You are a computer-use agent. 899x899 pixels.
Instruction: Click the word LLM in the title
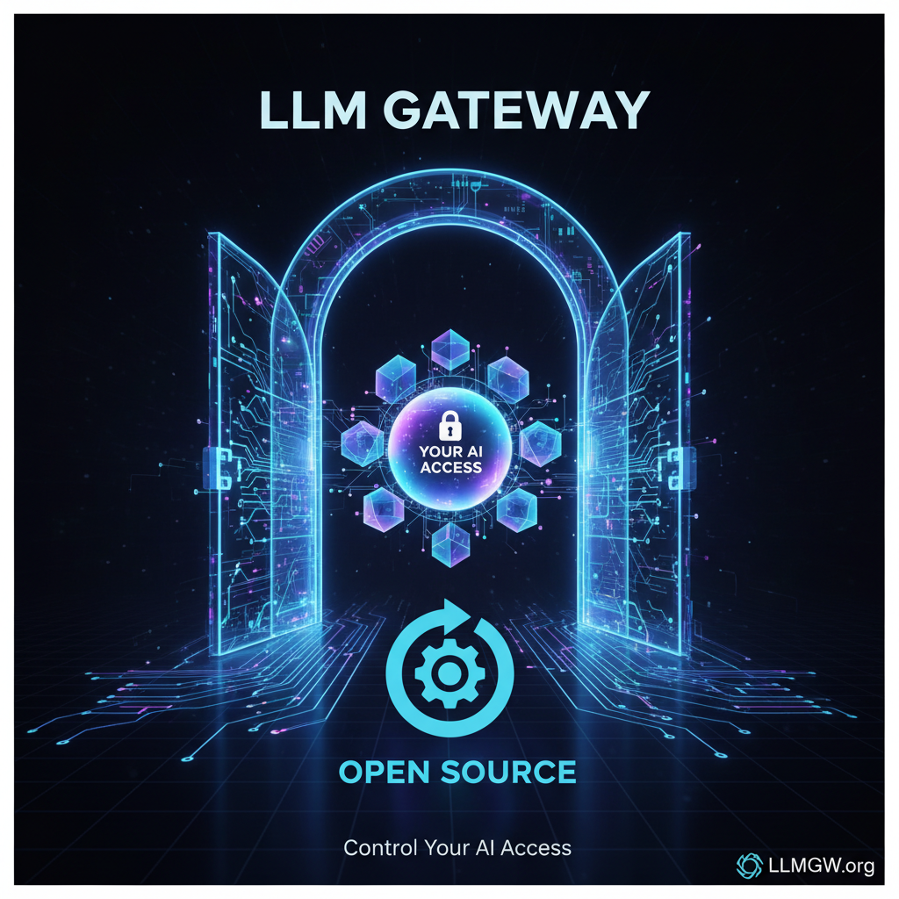(x=313, y=110)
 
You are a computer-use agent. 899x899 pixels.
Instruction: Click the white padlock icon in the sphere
(x=449, y=426)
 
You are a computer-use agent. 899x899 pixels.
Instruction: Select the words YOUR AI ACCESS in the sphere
(x=450, y=460)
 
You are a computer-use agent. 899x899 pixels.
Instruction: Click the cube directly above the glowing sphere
(x=450, y=349)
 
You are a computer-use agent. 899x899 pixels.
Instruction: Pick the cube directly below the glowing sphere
(x=450, y=544)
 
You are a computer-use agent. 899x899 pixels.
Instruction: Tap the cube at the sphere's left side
(x=363, y=443)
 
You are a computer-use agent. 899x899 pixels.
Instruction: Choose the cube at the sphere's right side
(x=540, y=443)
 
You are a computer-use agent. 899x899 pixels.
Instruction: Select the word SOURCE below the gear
(x=508, y=772)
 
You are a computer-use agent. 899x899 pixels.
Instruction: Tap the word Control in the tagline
(x=381, y=848)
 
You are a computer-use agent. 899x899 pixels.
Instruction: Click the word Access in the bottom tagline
(x=536, y=848)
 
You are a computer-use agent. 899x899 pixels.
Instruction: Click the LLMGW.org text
(x=821, y=866)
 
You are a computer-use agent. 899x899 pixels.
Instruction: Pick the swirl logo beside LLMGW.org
(x=750, y=866)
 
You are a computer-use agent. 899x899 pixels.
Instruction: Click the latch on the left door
(x=218, y=468)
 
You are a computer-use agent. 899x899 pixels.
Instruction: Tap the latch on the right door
(x=681, y=468)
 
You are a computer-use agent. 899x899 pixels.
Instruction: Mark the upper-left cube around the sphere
(x=396, y=377)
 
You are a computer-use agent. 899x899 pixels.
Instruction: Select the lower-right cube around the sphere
(x=517, y=510)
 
